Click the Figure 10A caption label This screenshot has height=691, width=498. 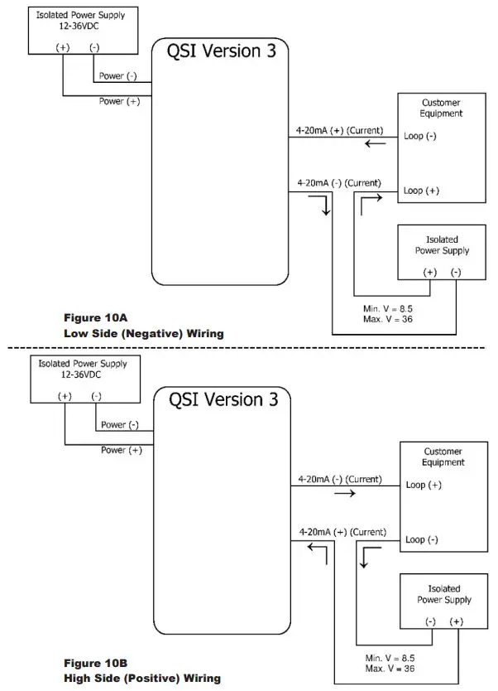click(95, 317)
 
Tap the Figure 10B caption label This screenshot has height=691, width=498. click(95, 663)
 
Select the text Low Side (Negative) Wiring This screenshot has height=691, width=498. click(144, 334)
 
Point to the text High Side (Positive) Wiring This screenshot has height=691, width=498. click(142, 679)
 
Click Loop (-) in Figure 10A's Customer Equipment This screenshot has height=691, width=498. click(420, 136)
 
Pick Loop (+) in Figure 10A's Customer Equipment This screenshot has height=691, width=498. click(421, 191)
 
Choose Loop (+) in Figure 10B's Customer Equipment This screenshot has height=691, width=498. click(424, 486)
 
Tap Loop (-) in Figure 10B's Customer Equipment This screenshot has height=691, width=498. click(422, 540)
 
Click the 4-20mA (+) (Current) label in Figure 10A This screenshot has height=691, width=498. click(340, 131)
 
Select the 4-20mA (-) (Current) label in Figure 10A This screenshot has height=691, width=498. click(339, 183)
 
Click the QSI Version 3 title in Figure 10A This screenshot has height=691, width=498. click(221, 51)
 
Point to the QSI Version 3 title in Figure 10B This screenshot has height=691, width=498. click(223, 400)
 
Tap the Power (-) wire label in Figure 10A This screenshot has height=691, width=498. click(118, 76)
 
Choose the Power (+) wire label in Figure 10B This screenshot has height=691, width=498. click(122, 451)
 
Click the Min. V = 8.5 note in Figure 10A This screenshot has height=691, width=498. click(388, 309)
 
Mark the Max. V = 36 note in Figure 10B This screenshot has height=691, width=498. click(390, 669)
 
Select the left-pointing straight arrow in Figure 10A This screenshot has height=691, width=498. click(376, 143)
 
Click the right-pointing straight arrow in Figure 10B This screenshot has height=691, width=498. click(345, 493)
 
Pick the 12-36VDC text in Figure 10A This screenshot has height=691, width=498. click(79, 26)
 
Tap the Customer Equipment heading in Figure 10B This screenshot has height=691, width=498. click(443, 457)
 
